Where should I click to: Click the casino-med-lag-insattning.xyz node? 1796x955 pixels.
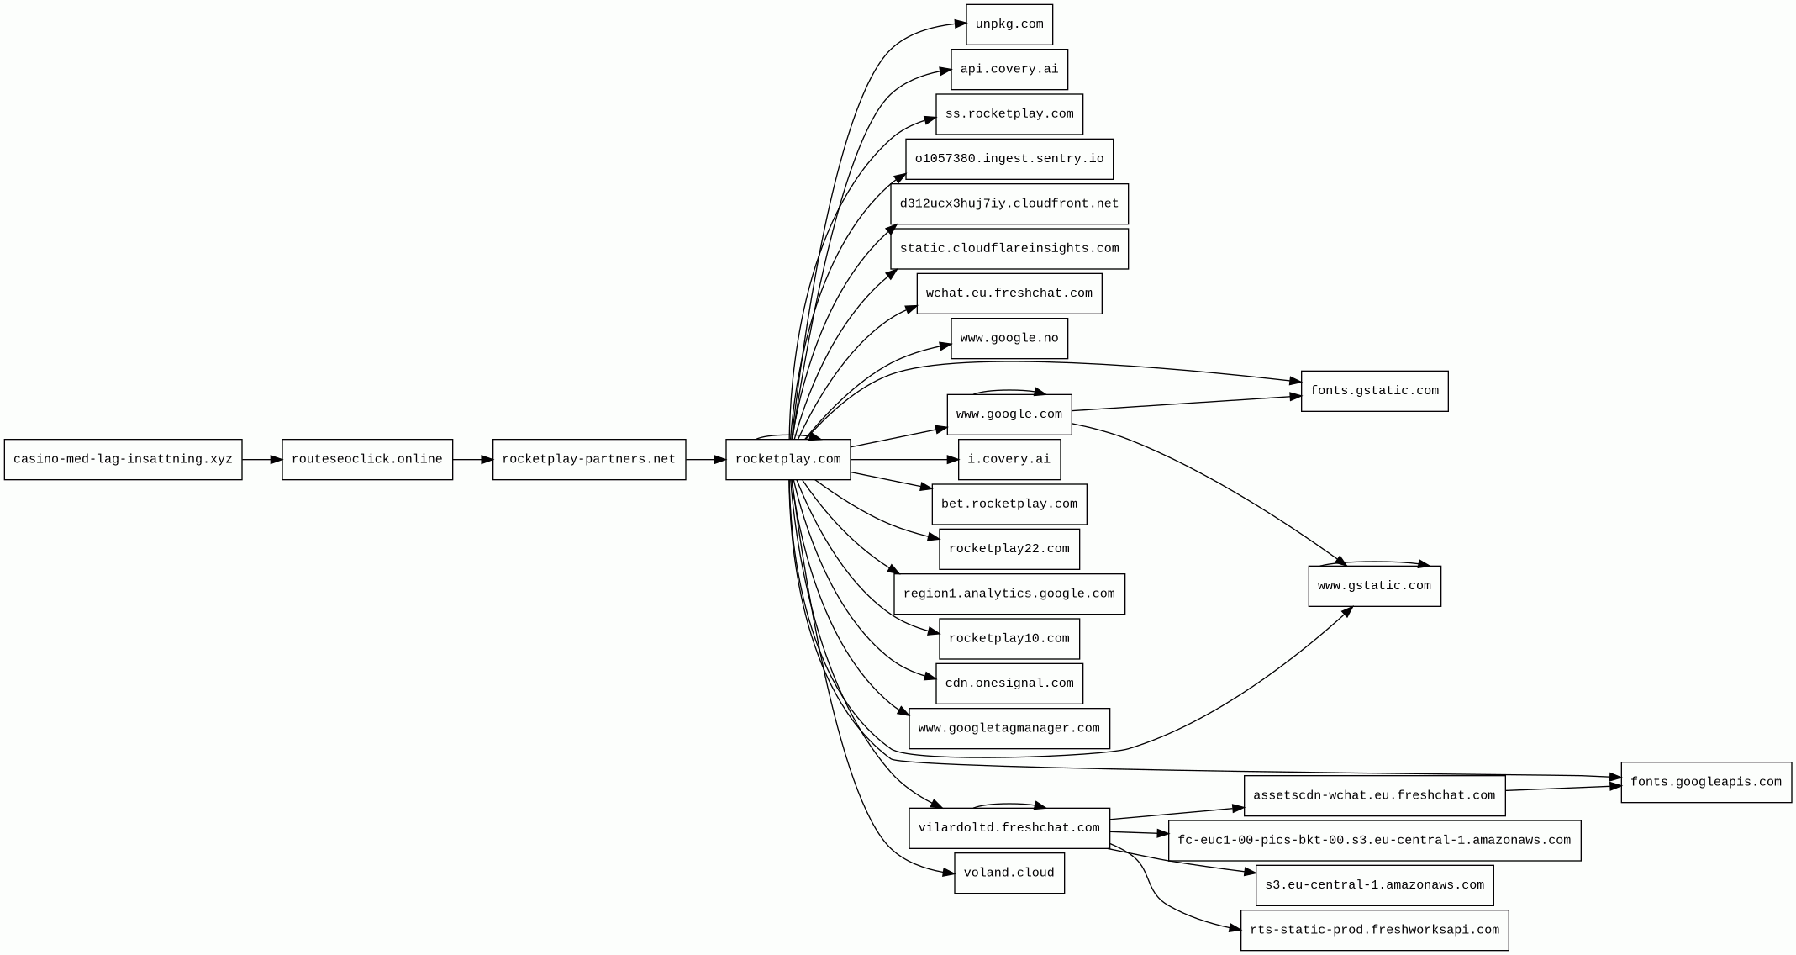(123, 460)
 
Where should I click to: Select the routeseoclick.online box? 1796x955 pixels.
(367, 460)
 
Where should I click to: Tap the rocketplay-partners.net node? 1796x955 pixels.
(588, 460)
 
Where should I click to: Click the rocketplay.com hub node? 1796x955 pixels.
(787, 460)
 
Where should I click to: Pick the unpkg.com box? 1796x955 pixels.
(1009, 25)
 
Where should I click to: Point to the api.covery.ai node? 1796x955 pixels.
(1009, 70)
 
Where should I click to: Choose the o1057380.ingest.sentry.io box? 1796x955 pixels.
(1009, 160)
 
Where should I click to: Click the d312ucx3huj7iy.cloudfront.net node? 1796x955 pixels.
(1009, 204)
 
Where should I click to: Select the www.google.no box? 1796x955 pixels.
(1009, 339)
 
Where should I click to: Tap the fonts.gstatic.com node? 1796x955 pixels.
(1374, 391)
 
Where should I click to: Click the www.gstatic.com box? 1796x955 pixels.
(1374, 586)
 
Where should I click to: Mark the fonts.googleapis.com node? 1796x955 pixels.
(1705, 783)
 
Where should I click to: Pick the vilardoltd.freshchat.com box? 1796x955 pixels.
(1009, 828)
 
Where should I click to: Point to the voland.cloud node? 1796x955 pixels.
(1009, 873)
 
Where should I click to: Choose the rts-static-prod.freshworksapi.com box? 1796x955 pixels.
(1374, 931)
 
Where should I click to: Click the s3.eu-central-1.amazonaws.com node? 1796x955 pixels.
(1374, 885)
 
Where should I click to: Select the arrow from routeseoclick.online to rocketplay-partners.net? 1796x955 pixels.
(472, 460)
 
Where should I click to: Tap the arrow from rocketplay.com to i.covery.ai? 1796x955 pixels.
(903, 460)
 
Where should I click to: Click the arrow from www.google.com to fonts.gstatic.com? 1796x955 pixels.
(1185, 404)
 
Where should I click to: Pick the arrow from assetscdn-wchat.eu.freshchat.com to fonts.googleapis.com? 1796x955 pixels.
(1563, 789)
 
